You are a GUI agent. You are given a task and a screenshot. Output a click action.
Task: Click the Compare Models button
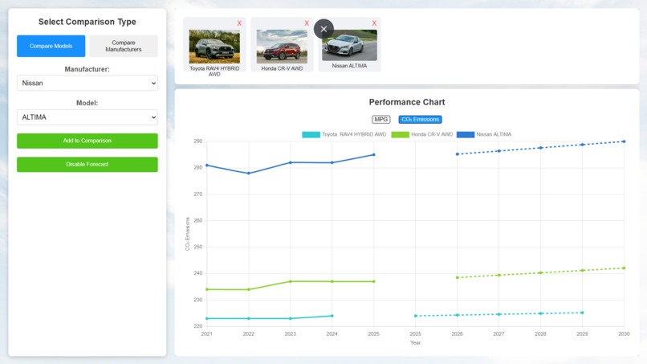[51, 46]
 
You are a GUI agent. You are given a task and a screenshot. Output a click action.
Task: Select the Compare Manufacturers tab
[123, 46]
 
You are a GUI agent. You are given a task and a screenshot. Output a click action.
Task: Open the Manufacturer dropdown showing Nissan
[87, 83]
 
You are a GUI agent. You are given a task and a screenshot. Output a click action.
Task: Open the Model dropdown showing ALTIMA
[87, 117]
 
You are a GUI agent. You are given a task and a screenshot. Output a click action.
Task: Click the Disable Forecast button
[87, 165]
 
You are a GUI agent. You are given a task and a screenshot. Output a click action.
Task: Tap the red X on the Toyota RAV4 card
[239, 24]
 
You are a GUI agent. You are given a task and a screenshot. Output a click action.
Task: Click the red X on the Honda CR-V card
[307, 24]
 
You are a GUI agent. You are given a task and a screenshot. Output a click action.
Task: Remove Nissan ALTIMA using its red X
[374, 24]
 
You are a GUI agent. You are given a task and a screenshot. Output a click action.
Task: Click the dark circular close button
[323, 30]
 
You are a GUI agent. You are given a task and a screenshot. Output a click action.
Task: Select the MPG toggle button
[380, 120]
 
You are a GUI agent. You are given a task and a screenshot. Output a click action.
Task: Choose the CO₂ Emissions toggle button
[420, 120]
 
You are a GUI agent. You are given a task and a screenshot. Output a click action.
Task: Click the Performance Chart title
[406, 102]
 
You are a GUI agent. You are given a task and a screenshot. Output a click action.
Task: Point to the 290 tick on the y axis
[197, 141]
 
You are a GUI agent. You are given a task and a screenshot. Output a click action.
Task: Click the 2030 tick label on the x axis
[623, 333]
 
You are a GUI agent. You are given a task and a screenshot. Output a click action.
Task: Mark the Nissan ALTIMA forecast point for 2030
[623, 141]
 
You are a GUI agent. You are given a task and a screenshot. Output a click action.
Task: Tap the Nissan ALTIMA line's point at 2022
[249, 173]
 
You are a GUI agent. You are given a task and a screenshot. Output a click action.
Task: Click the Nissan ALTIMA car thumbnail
[349, 46]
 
